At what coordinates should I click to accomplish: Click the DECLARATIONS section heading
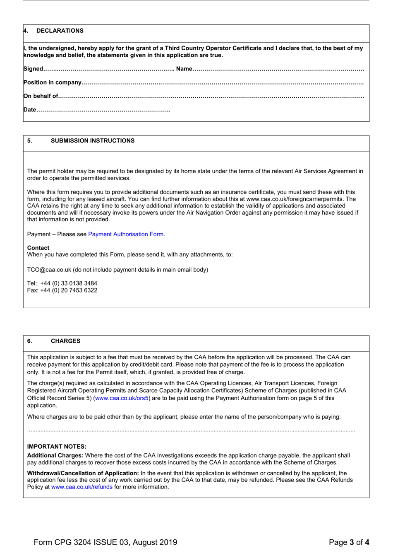(x=60, y=31)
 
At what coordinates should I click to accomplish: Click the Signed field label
(x=33, y=69)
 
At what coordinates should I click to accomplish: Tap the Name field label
(x=184, y=69)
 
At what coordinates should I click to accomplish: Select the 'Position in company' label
(x=53, y=82)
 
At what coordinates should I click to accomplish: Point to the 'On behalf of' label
(x=41, y=96)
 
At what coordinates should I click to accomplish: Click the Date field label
(x=30, y=110)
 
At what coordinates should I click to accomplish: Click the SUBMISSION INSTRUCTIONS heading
(x=92, y=141)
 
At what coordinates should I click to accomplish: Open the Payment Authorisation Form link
(x=126, y=234)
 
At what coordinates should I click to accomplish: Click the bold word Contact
(x=38, y=248)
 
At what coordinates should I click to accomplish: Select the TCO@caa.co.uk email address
(x=49, y=270)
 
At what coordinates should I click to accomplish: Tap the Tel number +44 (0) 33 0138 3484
(x=69, y=283)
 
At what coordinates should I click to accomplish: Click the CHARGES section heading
(x=65, y=341)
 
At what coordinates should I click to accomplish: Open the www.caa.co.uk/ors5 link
(x=122, y=398)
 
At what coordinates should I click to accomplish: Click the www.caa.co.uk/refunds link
(x=82, y=487)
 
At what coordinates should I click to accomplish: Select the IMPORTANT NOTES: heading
(x=57, y=447)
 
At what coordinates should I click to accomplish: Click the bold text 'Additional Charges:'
(x=55, y=455)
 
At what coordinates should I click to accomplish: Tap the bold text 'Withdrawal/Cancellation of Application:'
(x=83, y=473)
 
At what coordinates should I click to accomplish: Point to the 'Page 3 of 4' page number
(x=349, y=542)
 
